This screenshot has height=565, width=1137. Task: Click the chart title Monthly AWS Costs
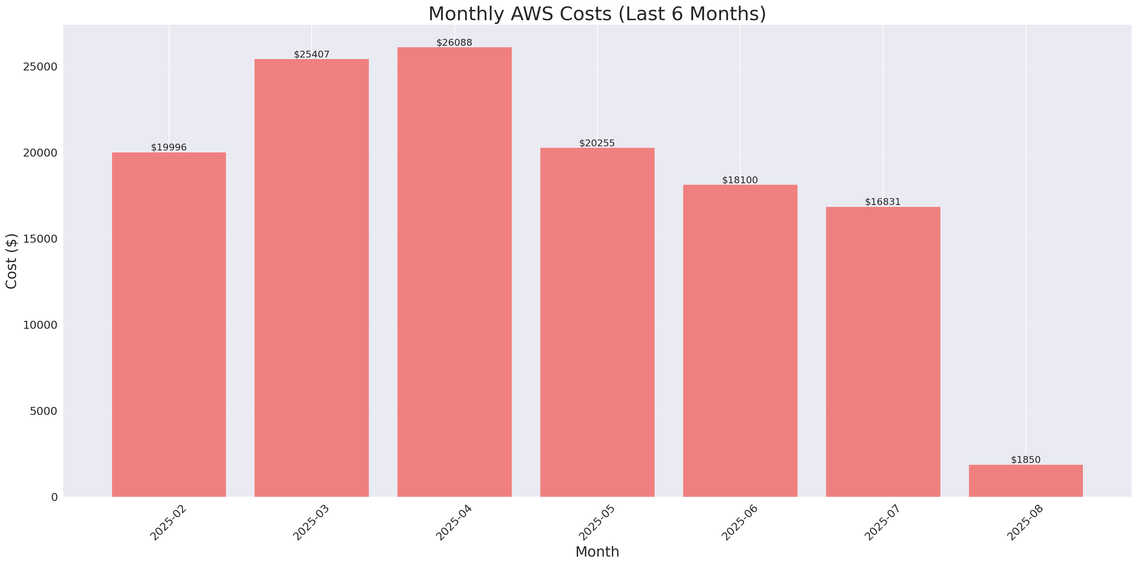point(597,14)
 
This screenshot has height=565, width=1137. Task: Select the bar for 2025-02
point(169,325)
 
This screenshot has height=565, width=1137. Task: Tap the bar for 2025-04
point(454,272)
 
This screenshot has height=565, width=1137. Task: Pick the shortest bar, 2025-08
point(1025,481)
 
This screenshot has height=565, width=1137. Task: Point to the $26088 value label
point(454,43)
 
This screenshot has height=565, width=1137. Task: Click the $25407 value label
point(312,54)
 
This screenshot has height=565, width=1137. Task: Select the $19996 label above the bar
point(169,147)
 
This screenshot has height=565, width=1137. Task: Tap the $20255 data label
point(597,143)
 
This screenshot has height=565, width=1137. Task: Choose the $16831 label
point(882,202)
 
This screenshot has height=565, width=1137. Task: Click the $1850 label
point(1025,460)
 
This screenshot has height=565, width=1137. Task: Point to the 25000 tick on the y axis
point(40,67)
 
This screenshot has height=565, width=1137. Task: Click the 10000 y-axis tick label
point(40,325)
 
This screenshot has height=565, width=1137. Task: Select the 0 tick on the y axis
point(54,498)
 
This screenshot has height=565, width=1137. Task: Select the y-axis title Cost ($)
point(11,261)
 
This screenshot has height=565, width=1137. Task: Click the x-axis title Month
point(597,552)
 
